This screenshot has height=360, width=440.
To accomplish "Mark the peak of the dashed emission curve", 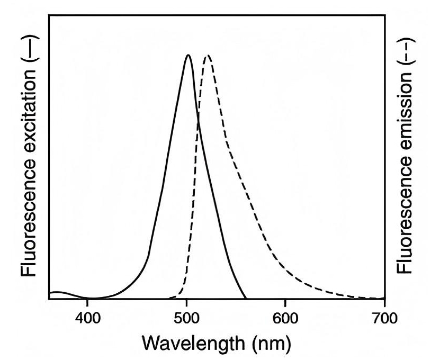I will pyautogui.click(x=208, y=55).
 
